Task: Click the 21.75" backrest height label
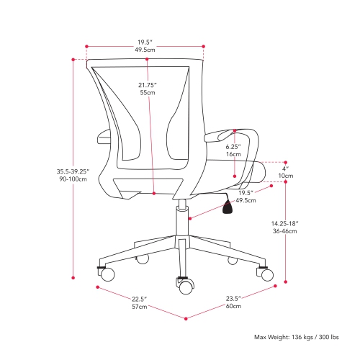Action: pos(147,85)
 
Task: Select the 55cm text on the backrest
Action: pos(147,94)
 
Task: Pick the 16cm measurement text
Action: pos(233,155)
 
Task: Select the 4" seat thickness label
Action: pos(285,168)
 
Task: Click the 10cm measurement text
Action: pos(285,176)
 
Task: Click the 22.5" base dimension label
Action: pos(138,299)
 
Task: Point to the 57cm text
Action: pos(138,307)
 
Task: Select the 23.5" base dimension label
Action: pos(233,299)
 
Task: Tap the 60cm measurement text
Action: pos(233,307)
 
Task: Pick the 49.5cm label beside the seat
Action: pos(246,202)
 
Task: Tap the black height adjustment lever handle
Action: pos(228,208)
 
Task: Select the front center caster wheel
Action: pos(186,286)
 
